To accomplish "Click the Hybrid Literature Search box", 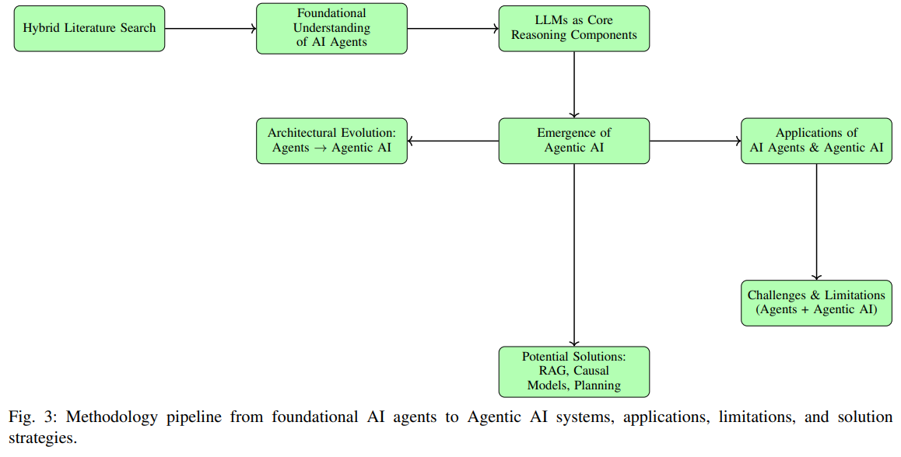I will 89,29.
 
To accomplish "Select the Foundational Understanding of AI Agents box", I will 331,29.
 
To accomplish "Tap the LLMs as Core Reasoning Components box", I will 574,29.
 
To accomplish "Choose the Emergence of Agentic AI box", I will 574,141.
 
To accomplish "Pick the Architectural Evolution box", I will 331,141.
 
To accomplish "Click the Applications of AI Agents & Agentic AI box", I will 816,141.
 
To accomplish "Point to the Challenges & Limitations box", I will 816,302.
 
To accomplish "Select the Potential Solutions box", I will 574,372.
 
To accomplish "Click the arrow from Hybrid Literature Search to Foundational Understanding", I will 210,29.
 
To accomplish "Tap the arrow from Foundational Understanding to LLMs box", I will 453,29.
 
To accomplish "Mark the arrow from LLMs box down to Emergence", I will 574,85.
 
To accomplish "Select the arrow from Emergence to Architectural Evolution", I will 453,141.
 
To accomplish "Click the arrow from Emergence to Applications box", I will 695,141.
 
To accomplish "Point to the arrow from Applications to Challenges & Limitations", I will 816,222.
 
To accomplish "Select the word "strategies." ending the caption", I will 42,437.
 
